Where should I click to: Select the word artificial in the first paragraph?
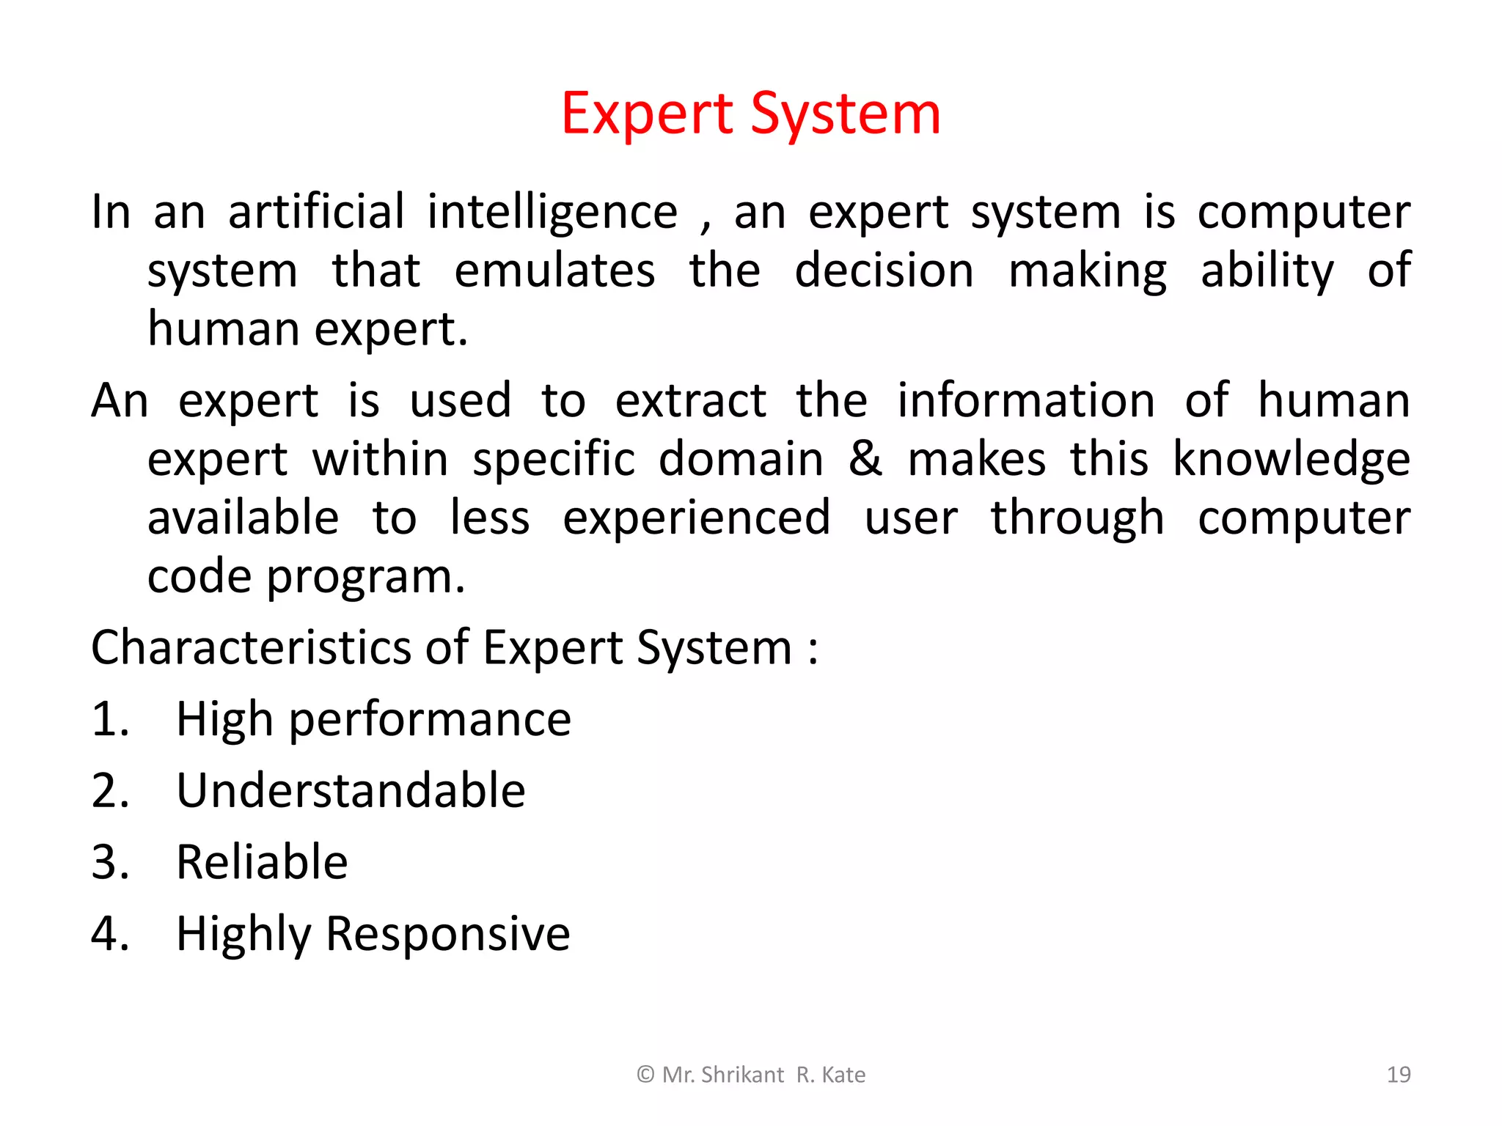click(316, 213)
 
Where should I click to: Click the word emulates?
click(554, 271)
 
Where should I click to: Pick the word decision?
click(884, 271)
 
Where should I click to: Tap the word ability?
click(1267, 272)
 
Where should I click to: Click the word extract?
click(690, 401)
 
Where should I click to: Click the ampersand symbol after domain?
click(865, 460)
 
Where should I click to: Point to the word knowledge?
click(1291, 460)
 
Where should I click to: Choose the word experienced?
click(697, 519)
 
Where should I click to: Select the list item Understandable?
click(351, 790)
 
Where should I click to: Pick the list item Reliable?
click(262, 862)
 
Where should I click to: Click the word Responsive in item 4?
click(447, 935)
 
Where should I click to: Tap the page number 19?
click(1399, 1075)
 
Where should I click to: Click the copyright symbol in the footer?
click(645, 1075)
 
